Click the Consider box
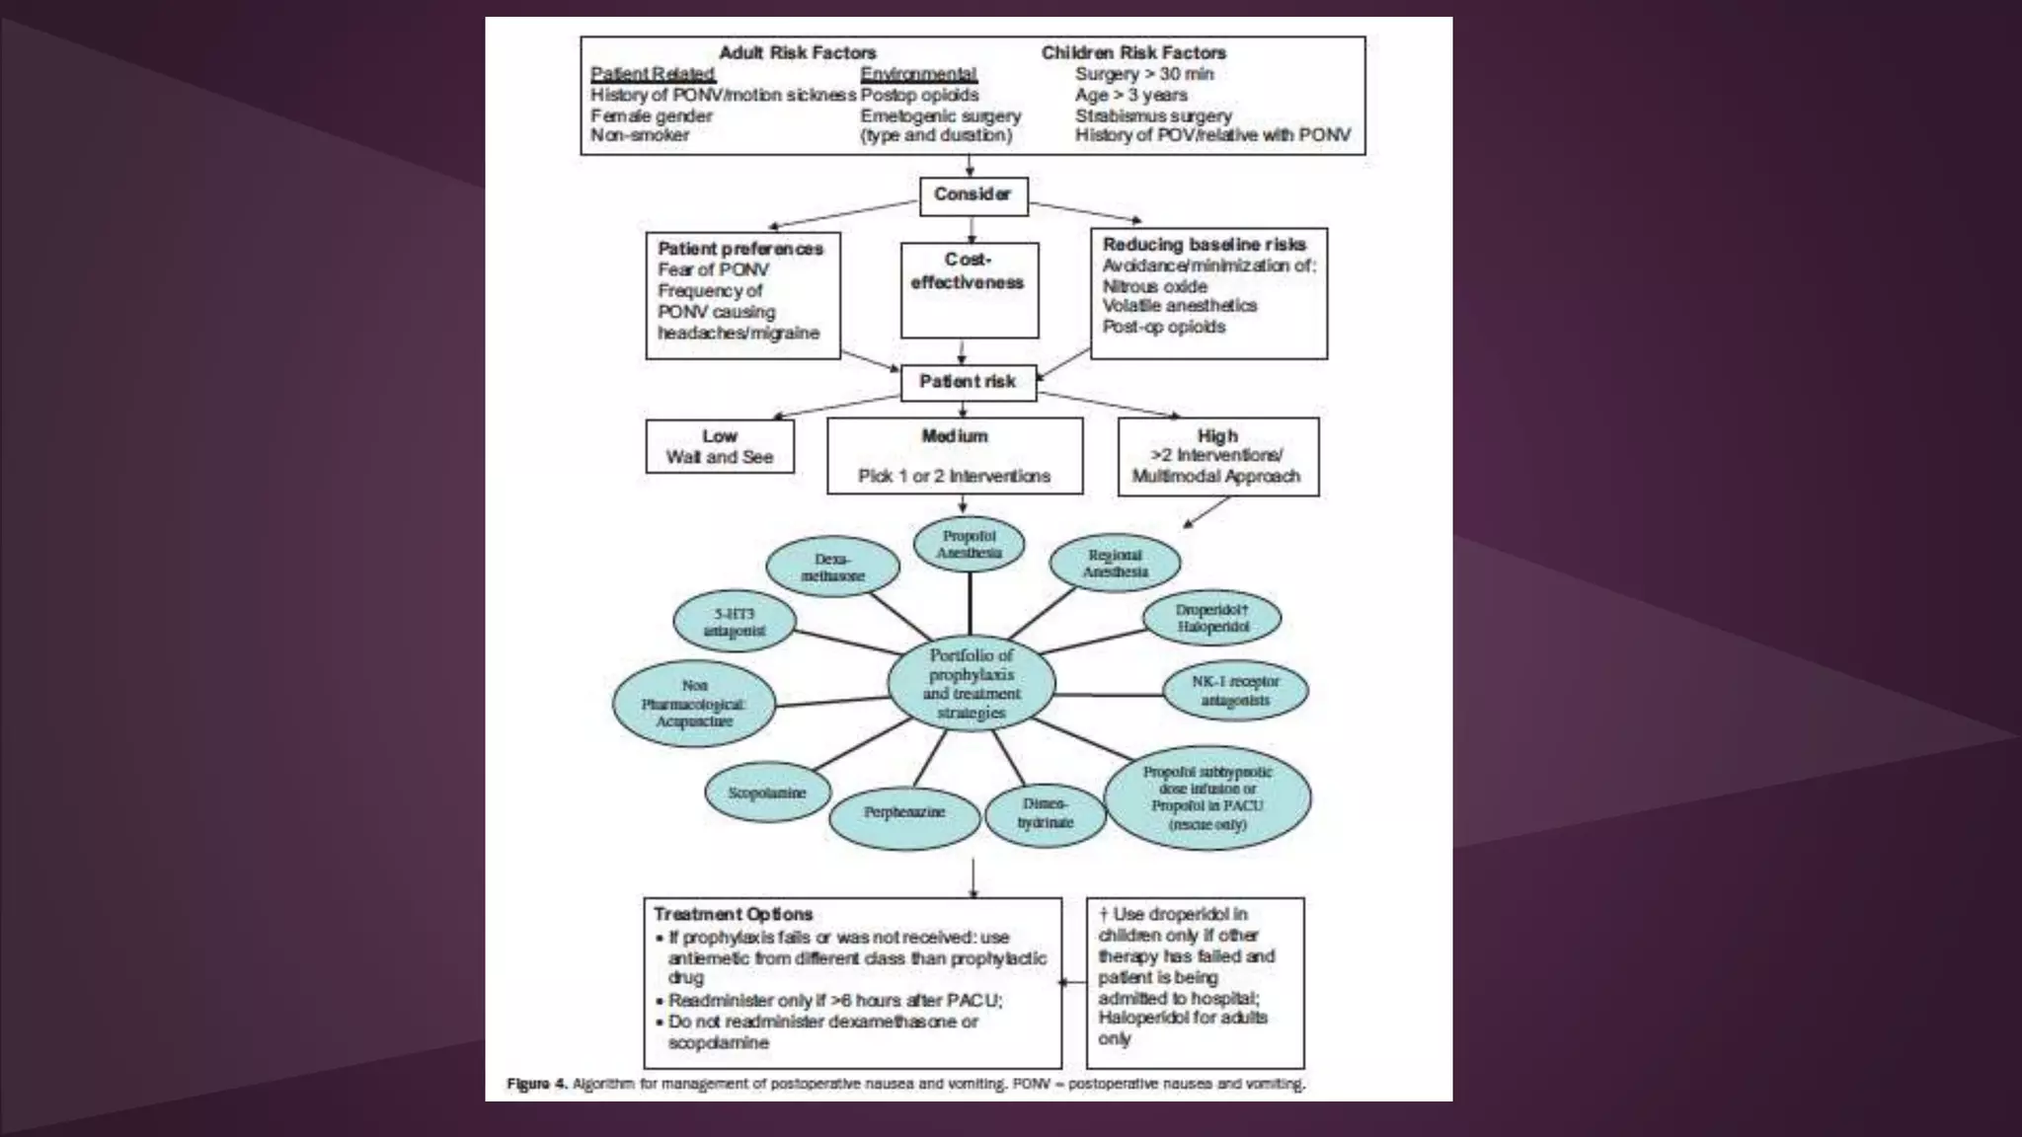pyautogui.click(x=972, y=195)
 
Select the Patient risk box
pyautogui.click(x=968, y=382)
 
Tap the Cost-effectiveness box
pyautogui.click(x=969, y=289)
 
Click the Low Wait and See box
pyautogui.click(x=720, y=447)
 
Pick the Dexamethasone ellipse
pyautogui.click(x=832, y=567)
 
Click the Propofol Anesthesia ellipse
pyautogui.click(x=969, y=545)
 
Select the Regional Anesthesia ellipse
pyautogui.click(x=1115, y=564)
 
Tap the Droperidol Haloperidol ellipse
pyautogui.click(x=1211, y=619)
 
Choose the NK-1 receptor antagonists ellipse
pyautogui.click(x=1234, y=691)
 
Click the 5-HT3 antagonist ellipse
pyautogui.click(x=735, y=622)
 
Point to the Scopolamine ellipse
pyautogui.click(x=767, y=793)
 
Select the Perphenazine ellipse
pyautogui.click(x=904, y=812)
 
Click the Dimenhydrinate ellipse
pyautogui.click(x=1045, y=814)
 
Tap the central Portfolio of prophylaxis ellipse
pyautogui.click(x=972, y=683)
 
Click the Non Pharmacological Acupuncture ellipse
pyautogui.click(x=694, y=704)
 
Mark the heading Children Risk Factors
pyautogui.click(x=1133, y=52)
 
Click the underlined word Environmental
pyautogui.click(x=918, y=74)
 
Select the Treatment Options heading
pyautogui.click(x=733, y=914)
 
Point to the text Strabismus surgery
pyautogui.click(x=1153, y=115)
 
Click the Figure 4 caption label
pyautogui.click(x=537, y=1084)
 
